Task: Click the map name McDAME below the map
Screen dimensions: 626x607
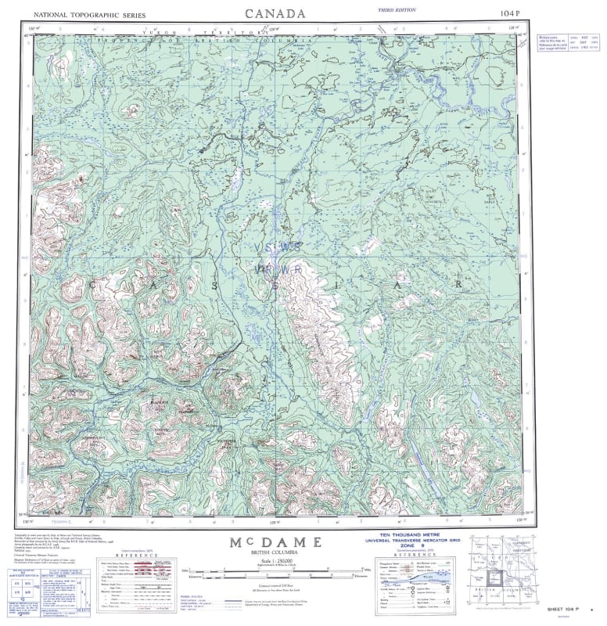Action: (276, 541)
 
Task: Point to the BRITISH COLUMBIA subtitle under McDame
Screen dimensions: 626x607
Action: (276, 553)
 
